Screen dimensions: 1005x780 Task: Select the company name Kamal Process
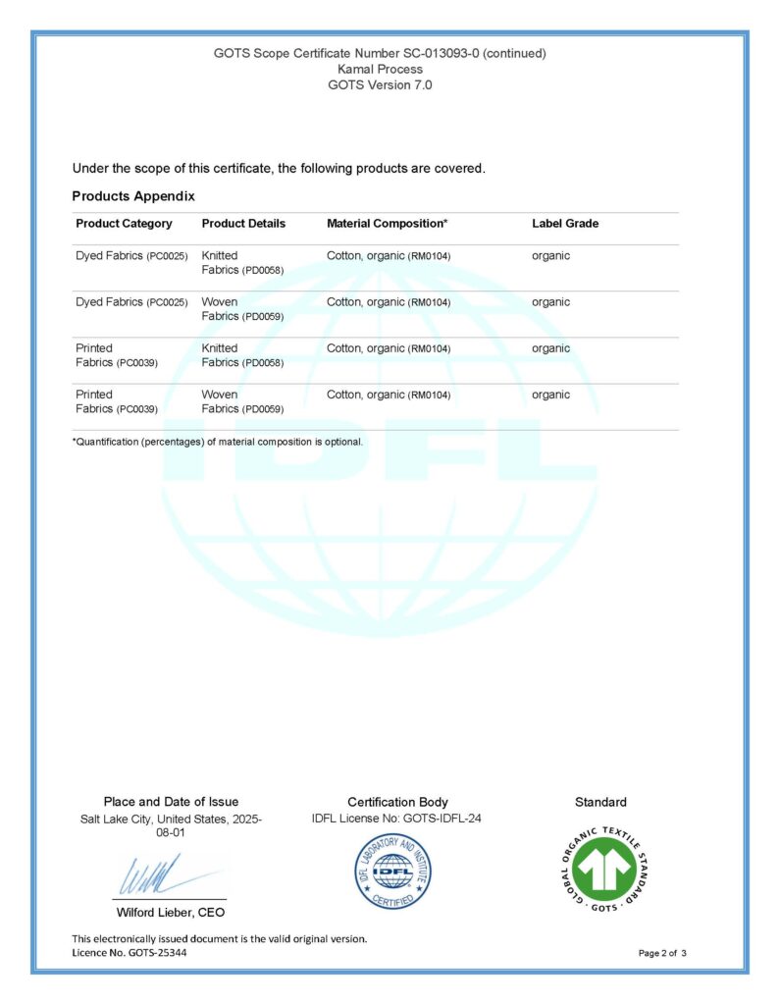[380, 69]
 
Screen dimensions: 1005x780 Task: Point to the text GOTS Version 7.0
[380, 84]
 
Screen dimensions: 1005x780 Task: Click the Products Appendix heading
[133, 196]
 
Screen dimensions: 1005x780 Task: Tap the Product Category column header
[124, 224]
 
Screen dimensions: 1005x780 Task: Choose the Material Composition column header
[387, 224]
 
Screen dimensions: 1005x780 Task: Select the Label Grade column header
[565, 224]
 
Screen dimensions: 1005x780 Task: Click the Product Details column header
[243, 224]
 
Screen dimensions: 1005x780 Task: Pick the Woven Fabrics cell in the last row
[242, 401]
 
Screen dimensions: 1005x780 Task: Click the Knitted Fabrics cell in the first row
[242, 263]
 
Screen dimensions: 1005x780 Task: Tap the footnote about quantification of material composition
[218, 442]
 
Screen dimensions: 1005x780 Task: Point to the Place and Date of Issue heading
[171, 802]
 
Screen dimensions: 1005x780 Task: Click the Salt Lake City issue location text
[171, 825]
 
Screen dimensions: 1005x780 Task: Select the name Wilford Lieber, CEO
[171, 913]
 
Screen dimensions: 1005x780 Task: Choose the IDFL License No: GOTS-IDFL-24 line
[396, 819]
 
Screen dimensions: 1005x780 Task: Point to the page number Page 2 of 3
[662, 953]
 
